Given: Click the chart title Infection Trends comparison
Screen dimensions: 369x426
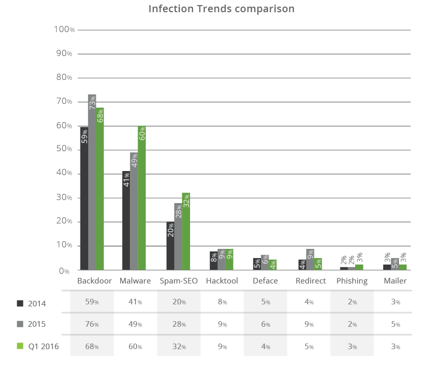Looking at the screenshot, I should point(222,9).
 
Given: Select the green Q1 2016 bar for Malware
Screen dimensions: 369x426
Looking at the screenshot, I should point(142,204).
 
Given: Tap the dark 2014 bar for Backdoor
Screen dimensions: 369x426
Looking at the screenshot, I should point(84,204).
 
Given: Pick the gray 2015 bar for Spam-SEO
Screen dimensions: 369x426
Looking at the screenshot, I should point(178,239).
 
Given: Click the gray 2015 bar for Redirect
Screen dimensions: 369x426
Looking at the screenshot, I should point(310,260).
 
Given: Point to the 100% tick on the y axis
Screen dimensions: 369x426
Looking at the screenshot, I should point(64,30).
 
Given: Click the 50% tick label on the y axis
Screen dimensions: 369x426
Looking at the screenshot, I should point(64,150).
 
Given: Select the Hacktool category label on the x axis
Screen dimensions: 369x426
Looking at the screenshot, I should point(222,281).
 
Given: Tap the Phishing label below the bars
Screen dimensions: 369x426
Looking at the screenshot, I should point(352,281).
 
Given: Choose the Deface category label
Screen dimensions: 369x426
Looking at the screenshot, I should point(265,281).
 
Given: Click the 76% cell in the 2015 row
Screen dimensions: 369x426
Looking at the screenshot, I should point(92,324).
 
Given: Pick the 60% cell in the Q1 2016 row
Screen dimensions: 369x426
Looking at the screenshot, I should point(135,347).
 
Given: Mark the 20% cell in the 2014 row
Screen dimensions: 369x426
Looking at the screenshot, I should point(178,302).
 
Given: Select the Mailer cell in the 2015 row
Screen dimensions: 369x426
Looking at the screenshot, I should point(395,324).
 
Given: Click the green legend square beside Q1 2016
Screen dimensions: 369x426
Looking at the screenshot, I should point(20,346).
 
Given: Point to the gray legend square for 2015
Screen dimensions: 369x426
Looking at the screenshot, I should point(20,324).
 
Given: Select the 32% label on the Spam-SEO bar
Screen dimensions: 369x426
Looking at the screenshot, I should point(186,202).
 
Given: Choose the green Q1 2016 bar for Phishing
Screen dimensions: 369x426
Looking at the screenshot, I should point(360,267).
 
